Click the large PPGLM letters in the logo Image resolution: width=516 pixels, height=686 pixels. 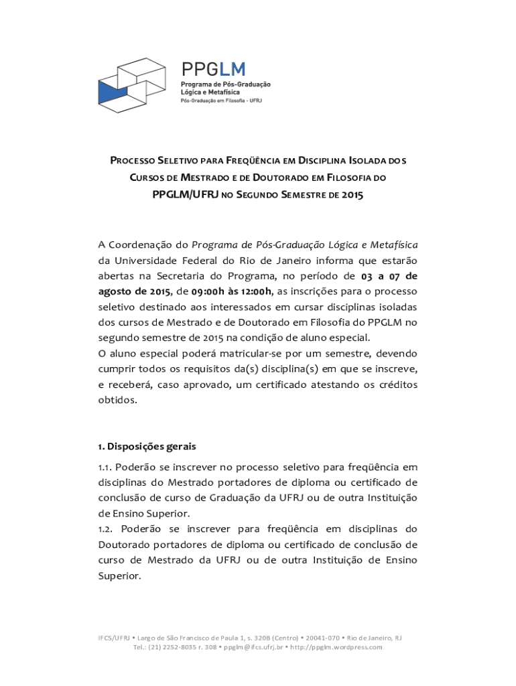click(213, 69)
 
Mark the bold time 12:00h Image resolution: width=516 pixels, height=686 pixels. click(253, 291)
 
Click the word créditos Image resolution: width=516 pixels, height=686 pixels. click(394, 384)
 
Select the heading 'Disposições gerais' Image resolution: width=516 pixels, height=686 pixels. click(151, 445)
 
